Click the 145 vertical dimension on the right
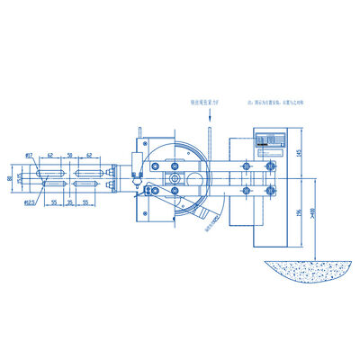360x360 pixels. (298, 152)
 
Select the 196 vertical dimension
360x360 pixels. (298, 214)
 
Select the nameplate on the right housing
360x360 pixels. (269, 142)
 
